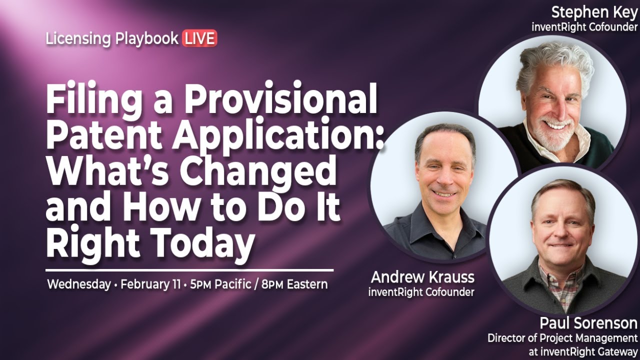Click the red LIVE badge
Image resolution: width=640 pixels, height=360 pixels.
click(x=199, y=38)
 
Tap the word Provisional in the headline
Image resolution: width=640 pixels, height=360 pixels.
click(x=280, y=99)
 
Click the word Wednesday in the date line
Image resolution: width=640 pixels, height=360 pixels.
click(x=78, y=284)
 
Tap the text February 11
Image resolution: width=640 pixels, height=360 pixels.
click(x=150, y=284)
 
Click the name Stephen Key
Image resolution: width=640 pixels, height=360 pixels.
click(x=594, y=12)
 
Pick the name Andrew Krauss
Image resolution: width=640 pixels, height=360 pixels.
click(x=422, y=277)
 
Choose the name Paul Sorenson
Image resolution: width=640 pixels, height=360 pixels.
click(x=588, y=322)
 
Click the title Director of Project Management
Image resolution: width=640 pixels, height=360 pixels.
click(x=562, y=338)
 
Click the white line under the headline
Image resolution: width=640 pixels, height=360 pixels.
click(x=189, y=270)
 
